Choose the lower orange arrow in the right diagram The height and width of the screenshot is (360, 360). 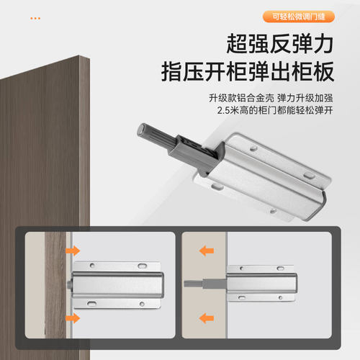[207, 318]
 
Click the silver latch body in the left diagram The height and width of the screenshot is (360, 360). [119, 284]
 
